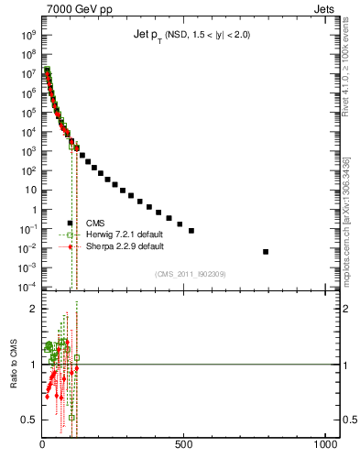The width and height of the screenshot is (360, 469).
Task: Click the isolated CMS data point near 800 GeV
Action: pyautogui.click(x=266, y=251)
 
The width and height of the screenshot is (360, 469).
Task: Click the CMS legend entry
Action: pyautogui.click(x=95, y=223)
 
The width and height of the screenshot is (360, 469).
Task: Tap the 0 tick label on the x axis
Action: pyautogui.click(x=42, y=446)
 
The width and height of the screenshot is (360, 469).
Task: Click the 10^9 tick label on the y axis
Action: pyautogui.click(x=27, y=33)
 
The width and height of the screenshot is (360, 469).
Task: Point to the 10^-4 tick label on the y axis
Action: pyautogui.click(x=27, y=287)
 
